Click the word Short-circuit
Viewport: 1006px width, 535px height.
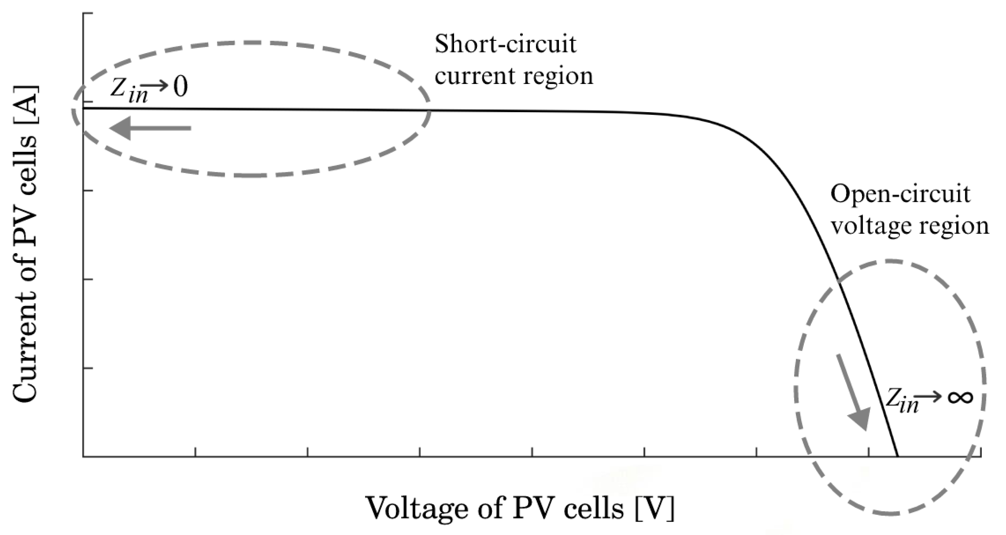click(505, 44)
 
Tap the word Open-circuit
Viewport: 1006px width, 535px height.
click(900, 194)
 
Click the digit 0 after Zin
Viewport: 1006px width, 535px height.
click(181, 88)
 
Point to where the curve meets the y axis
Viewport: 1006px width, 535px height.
click(84, 108)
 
